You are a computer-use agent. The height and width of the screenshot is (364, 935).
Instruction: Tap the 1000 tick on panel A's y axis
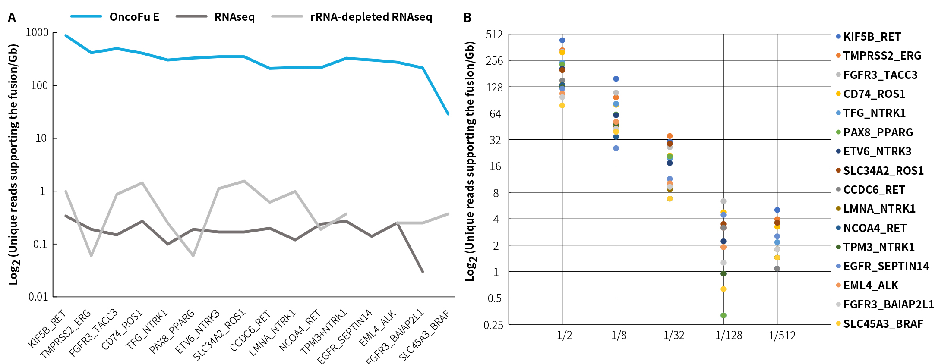[x=37, y=33]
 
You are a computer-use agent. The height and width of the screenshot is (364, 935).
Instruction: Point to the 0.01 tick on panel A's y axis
[x=38, y=297]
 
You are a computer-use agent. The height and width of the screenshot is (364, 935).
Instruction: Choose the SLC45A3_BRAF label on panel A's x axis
[x=424, y=336]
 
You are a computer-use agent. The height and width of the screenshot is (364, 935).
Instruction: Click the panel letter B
[x=467, y=18]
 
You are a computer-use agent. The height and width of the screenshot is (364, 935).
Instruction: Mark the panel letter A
[x=12, y=18]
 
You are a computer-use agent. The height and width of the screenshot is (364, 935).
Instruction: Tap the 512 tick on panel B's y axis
[x=494, y=35]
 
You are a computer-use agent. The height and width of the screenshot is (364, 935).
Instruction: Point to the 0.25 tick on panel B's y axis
[x=493, y=325]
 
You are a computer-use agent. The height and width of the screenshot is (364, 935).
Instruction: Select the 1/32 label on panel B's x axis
[x=673, y=336]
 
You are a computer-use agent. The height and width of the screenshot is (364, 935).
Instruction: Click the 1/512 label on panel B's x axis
[x=782, y=336]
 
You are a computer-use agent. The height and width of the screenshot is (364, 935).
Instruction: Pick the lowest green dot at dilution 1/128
[x=723, y=315]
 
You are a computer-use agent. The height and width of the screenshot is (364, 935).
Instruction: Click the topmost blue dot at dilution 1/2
[x=562, y=40]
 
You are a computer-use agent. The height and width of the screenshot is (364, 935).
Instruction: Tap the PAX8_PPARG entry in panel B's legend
[x=878, y=132]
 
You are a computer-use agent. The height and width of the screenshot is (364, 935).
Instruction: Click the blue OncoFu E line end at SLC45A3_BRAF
[x=448, y=114]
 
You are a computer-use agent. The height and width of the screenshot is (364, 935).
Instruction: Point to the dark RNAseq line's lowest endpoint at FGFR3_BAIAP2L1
[x=422, y=272]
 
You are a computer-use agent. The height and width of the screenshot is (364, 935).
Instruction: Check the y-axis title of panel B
[x=470, y=162]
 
